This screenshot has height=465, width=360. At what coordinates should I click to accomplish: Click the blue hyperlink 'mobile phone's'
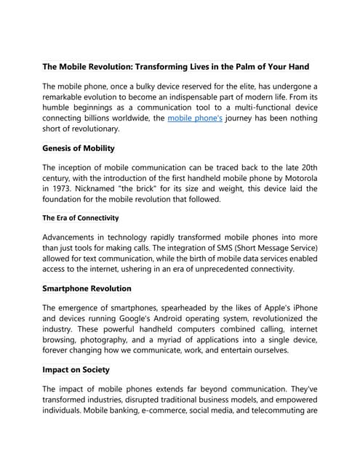pyautogui.click(x=195, y=116)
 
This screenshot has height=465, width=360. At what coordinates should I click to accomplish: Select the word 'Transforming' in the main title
pyautogui.click(x=171, y=67)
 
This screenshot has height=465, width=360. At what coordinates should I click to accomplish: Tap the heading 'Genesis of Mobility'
pyautogui.click(x=79, y=148)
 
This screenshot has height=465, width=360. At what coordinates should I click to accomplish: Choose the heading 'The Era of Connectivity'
pyautogui.click(x=81, y=218)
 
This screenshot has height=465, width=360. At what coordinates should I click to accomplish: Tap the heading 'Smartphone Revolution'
pyautogui.click(x=87, y=288)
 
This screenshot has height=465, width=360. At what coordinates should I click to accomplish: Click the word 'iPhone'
pyautogui.click(x=301, y=307)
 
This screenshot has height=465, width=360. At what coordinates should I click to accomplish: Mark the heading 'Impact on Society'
pyautogui.click(x=76, y=369)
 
